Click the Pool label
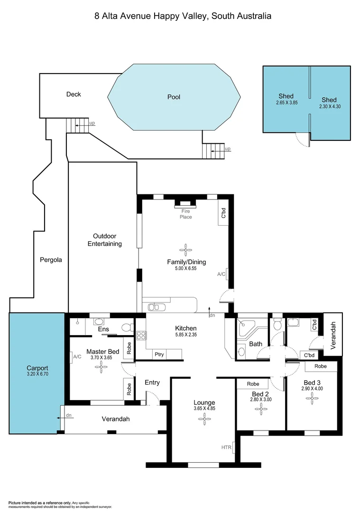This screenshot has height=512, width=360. click(174, 97)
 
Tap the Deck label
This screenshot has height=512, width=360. click(74, 94)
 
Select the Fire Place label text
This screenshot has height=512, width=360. click(185, 214)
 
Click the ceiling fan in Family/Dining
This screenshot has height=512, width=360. click(186, 249)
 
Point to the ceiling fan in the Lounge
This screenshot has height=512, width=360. click(204, 418)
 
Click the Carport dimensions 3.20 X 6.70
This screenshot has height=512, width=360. click(37, 374)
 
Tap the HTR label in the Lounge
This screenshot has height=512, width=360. click(226, 447)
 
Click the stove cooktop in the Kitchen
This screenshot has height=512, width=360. click(141, 336)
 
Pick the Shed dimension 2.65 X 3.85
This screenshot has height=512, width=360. click(286, 102)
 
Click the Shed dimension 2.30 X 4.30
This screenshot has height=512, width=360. click(330, 107)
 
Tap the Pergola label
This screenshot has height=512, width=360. click(50, 260)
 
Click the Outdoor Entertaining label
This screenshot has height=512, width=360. click(107, 240)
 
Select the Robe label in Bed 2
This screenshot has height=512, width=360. click(253, 384)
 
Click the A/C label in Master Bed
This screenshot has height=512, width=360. click(77, 356)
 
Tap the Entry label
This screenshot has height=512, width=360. click(152, 383)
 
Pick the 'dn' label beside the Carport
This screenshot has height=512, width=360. click(69, 416)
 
